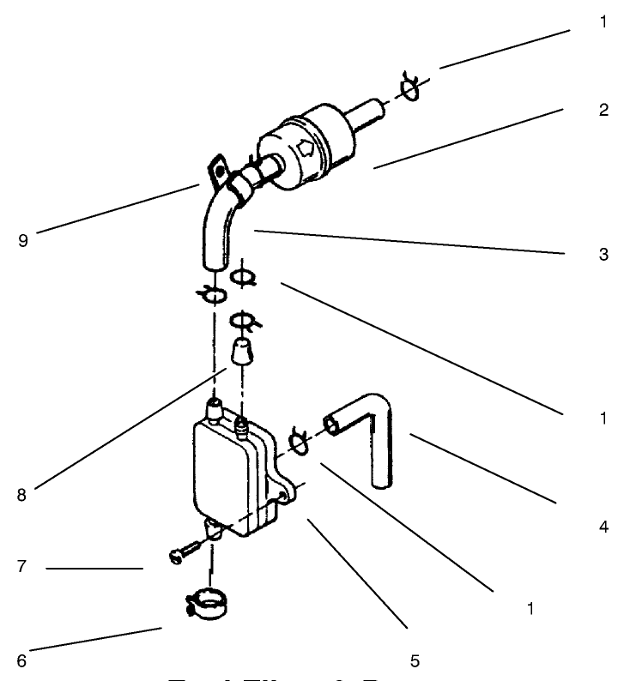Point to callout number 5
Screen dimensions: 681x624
415,660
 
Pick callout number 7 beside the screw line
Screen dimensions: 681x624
22,568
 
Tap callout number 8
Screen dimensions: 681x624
22,494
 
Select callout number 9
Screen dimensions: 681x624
22,241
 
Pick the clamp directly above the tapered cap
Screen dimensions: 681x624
245,322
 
